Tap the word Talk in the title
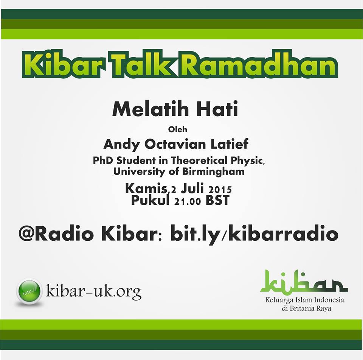[143, 64]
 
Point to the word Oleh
[178, 129]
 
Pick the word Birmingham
[213, 172]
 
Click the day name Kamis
[146, 188]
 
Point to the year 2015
[220, 190]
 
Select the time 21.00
[188, 201]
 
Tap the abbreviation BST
[217, 200]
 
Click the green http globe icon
[29, 291]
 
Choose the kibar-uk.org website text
[94, 291]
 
